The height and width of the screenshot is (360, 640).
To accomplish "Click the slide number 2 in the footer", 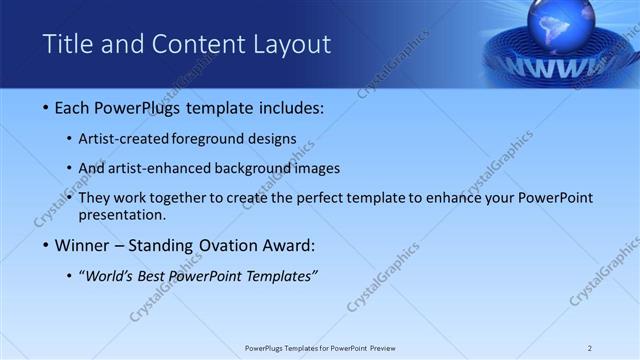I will coord(590,347).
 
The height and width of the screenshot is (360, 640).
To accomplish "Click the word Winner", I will coord(84,245).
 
